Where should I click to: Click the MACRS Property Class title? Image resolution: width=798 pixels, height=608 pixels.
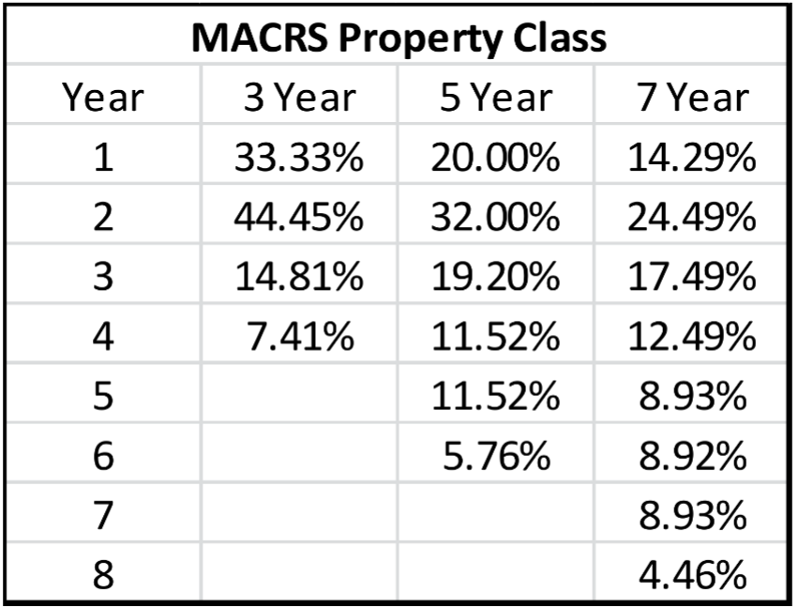pos(399,38)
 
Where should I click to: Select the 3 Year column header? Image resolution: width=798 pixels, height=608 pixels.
pos(299,98)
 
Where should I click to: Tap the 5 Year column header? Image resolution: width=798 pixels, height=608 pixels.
pos(494,98)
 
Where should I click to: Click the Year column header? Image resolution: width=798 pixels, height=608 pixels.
pos(103,98)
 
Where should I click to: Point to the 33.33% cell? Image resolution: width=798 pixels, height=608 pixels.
pos(299,159)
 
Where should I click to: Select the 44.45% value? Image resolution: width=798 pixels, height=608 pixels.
pos(299,219)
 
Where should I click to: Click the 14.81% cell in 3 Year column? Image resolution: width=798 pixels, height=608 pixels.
pos(299,278)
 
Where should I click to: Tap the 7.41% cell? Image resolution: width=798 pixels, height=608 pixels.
pos(299,337)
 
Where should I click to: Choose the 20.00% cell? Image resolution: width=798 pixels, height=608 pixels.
pos(494,159)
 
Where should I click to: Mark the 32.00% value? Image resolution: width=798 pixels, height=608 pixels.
pos(494,219)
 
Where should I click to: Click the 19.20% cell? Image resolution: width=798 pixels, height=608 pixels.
pos(494,278)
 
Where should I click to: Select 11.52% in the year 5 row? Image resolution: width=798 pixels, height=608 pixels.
pos(494,397)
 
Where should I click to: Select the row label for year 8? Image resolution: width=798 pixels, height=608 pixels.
pos(103,574)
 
